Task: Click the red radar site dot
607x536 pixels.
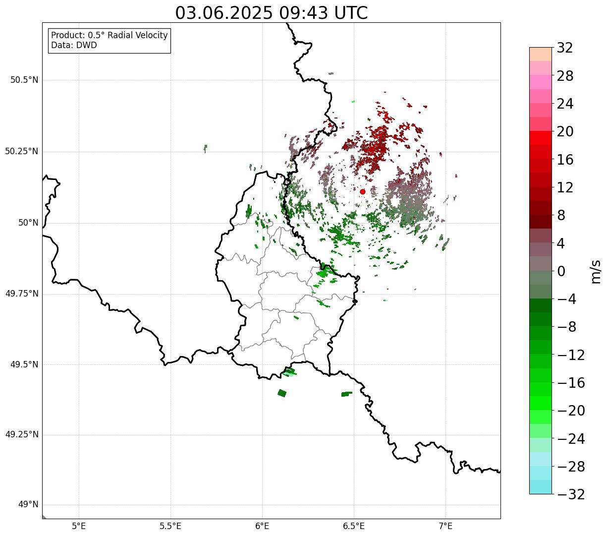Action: (x=363, y=191)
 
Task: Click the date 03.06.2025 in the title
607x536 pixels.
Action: (x=224, y=13)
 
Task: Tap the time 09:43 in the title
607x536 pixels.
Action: (x=303, y=13)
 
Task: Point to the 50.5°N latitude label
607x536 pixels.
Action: (x=24, y=80)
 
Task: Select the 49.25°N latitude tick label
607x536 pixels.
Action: (x=22, y=434)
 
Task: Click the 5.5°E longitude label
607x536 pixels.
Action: (x=170, y=526)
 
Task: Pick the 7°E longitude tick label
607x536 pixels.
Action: (x=445, y=526)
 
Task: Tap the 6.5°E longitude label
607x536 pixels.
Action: (x=354, y=526)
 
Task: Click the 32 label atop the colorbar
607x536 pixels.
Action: (x=565, y=48)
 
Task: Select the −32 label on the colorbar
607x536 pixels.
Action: (x=571, y=494)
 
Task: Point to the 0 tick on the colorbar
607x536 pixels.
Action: (x=561, y=271)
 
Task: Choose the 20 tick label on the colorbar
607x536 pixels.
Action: (x=565, y=131)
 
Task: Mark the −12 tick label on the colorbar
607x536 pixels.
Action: (x=571, y=355)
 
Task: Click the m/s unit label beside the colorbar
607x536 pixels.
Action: (x=596, y=272)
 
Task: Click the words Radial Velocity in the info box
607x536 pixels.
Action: (x=138, y=35)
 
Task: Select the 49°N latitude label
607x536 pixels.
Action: (x=28, y=505)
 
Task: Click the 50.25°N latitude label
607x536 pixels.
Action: (x=22, y=151)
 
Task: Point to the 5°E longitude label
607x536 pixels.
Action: (x=79, y=526)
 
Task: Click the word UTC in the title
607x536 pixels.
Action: (x=351, y=13)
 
